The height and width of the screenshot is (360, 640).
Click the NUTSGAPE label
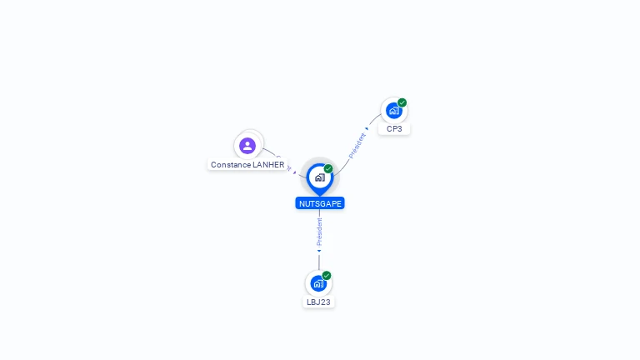coord(319,203)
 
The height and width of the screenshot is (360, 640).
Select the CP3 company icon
coord(393,111)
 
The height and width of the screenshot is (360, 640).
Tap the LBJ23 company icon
coord(318,283)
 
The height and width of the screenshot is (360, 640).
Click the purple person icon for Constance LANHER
coord(247,146)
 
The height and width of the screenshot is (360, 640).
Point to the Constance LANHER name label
coord(247,165)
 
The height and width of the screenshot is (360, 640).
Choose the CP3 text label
coord(394,129)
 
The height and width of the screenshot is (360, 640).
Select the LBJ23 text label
coord(318,302)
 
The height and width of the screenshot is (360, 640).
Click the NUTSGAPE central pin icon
coord(319,177)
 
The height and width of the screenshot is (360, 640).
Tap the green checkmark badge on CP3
coord(402,102)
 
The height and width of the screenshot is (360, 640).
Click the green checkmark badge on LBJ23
coord(327,275)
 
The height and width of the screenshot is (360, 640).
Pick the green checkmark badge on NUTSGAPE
coord(328,168)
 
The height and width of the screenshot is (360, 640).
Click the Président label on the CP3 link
coord(357,145)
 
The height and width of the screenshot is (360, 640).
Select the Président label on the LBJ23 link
coord(319,231)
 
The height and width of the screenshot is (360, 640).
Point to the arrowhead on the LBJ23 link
coord(319,251)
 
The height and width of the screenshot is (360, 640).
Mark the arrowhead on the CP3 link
coord(367,128)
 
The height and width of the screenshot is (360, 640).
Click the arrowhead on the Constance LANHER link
coord(295,172)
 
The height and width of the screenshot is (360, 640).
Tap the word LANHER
coord(268,165)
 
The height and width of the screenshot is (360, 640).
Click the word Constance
coord(230,165)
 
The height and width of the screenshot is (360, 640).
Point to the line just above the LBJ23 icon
coord(319,262)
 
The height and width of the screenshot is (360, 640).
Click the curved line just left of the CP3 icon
coord(374,119)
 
